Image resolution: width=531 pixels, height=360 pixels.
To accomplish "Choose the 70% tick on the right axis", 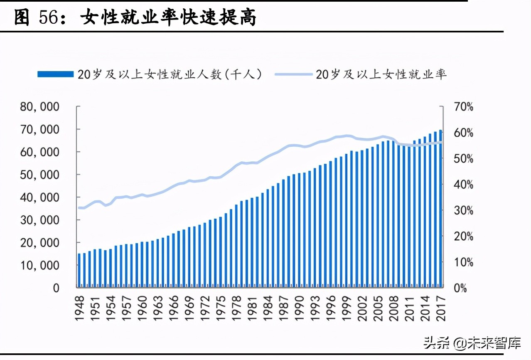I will pos(463,107).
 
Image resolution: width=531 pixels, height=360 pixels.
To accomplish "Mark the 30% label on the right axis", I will pos(463,210).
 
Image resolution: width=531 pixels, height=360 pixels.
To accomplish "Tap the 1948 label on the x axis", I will pos(79,308).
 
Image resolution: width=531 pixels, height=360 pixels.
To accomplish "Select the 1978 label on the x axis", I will pos(236,308).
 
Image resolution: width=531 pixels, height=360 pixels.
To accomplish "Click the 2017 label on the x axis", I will pos(441,308).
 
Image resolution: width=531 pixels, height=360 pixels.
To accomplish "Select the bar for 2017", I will pos(440,208).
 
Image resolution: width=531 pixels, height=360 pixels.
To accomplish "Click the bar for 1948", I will pos(79,270).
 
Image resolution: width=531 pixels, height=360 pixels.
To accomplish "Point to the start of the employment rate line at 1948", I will pos(79,207).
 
